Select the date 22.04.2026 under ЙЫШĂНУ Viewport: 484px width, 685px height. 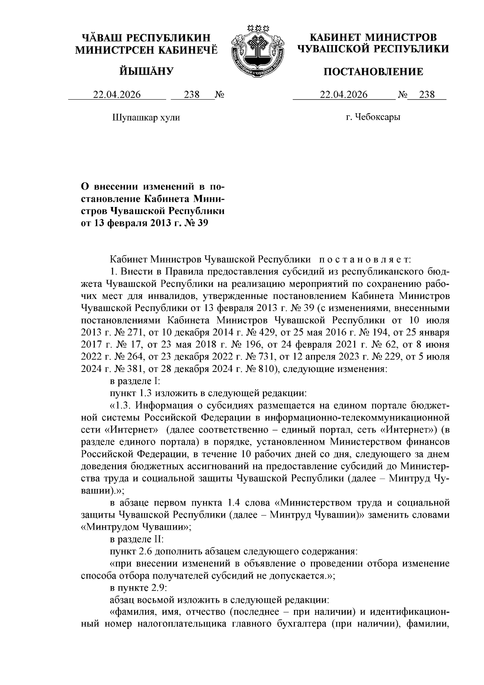pyautogui.click(x=117, y=95)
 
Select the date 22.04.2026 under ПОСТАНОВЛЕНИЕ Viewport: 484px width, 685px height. pyautogui.click(x=344, y=95)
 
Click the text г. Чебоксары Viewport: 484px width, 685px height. pyautogui.click(x=373, y=118)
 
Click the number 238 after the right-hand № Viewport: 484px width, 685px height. pyautogui.click(x=427, y=95)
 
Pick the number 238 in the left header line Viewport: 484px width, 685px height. pyautogui.click(x=192, y=95)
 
